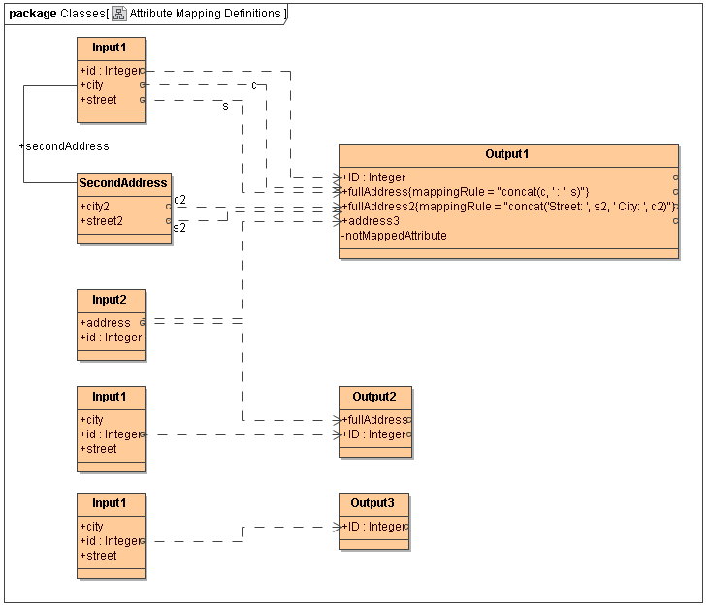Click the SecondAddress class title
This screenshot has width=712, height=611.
point(123,182)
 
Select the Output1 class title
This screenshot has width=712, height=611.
point(507,154)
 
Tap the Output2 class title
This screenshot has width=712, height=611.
point(374,396)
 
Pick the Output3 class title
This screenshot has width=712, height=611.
point(373,502)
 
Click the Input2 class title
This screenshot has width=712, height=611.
point(110,299)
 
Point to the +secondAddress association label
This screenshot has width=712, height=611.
point(64,146)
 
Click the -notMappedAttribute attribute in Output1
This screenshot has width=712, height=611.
point(394,236)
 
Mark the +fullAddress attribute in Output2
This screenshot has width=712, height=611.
point(374,420)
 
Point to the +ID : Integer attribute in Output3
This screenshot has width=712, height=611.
point(373,527)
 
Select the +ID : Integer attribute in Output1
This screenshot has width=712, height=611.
point(373,177)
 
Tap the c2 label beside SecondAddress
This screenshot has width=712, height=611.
point(180,200)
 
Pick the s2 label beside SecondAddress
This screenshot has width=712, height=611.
point(179,228)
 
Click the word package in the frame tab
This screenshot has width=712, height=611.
point(32,14)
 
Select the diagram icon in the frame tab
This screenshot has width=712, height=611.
point(118,14)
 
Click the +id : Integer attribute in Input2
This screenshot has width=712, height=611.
point(111,338)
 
